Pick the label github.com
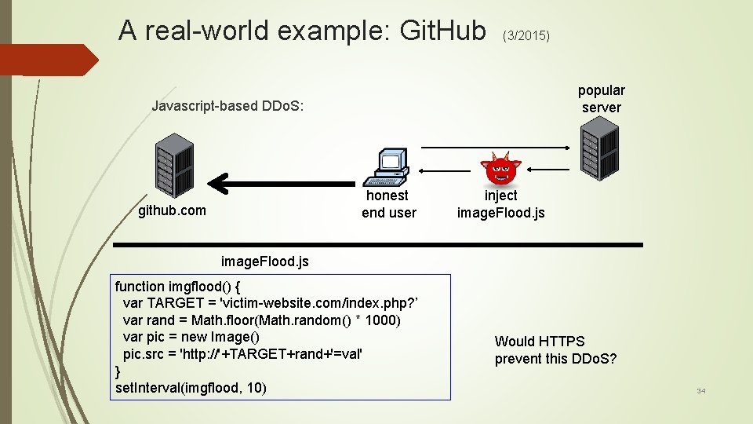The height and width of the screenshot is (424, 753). pyautogui.click(x=172, y=210)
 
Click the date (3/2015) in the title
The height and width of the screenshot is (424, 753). pyautogui.click(x=526, y=36)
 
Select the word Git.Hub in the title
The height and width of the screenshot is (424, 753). pyautogui.click(x=442, y=31)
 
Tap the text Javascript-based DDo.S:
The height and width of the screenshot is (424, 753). pyautogui.click(x=227, y=106)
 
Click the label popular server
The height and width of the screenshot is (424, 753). pyautogui.click(x=602, y=99)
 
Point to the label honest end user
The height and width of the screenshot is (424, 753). pyautogui.click(x=388, y=203)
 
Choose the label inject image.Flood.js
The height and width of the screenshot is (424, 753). pyautogui.click(x=500, y=204)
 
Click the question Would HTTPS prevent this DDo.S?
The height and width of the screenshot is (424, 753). pyautogui.click(x=555, y=350)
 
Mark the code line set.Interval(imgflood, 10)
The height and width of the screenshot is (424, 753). pyautogui.click(x=191, y=388)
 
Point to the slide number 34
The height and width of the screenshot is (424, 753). pyautogui.click(x=701, y=390)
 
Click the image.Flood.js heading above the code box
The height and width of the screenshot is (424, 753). pyautogui.click(x=265, y=261)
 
